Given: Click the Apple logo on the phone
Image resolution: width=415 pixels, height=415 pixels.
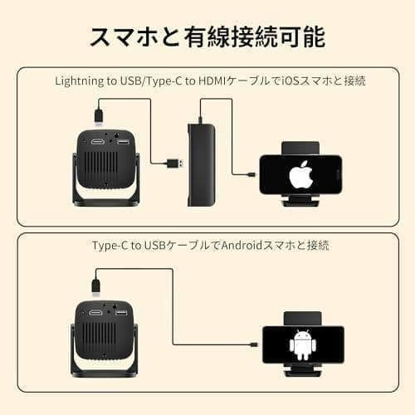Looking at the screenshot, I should (299, 175).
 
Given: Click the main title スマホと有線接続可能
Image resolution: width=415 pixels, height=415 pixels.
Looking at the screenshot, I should (207, 37).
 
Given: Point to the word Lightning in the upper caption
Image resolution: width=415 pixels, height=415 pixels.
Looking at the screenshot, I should (81, 81).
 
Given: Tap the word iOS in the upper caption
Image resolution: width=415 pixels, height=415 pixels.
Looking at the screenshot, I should (286, 81).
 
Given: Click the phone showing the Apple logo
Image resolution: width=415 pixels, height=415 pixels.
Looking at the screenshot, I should (299, 175).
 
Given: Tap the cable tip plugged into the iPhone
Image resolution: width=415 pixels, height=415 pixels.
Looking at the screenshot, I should (252, 175).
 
